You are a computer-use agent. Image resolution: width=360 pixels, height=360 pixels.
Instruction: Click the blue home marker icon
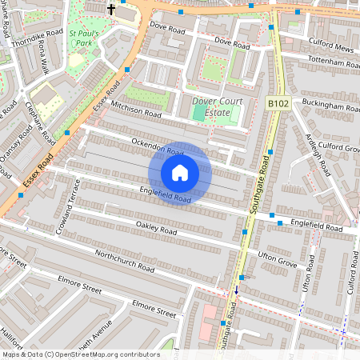[x=180, y=173]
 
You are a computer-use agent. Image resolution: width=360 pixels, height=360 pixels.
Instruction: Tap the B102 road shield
[x=278, y=103]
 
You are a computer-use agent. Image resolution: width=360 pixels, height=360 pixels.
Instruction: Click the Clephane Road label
[x=39, y=119]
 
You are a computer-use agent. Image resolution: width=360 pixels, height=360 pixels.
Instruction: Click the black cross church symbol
[x=110, y=9]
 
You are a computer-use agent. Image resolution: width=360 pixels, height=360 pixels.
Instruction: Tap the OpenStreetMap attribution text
[x=80, y=354]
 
